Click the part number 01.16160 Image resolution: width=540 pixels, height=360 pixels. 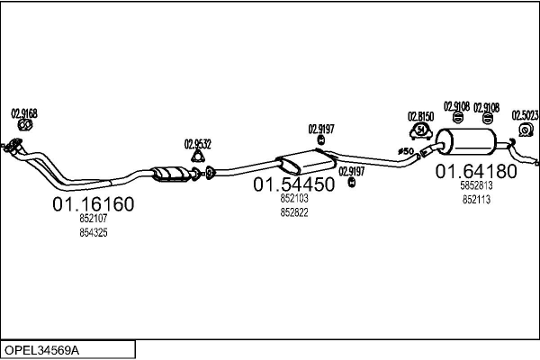pyautogui.click(x=94, y=204)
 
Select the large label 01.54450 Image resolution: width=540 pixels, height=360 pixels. pyautogui.click(x=294, y=184)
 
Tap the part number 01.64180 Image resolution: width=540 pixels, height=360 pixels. pyautogui.click(x=476, y=171)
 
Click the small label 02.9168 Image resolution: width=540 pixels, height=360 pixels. pyautogui.click(x=24, y=113)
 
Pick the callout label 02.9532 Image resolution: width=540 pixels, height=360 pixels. pyautogui.click(x=198, y=143)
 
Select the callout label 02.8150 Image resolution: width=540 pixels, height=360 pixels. pyautogui.click(x=420, y=117)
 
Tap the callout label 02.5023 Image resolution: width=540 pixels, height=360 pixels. pyautogui.click(x=526, y=115)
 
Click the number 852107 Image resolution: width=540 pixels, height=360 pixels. pyautogui.click(x=94, y=220)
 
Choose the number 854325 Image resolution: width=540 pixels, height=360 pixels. pyautogui.click(x=94, y=233)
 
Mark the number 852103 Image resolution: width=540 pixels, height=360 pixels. pyautogui.click(x=294, y=199)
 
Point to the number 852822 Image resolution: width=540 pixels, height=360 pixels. pyautogui.click(x=294, y=212)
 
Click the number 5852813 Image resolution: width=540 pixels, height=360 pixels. pyautogui.click(x=476, y=186)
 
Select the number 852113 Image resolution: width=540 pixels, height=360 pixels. pyautogui.click(x=476, y=200)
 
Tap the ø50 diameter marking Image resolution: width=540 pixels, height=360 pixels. pyautogui.click(x=405, y=151)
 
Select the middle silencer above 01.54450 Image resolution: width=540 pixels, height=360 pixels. pyautogui.click(x=306, y=163)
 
